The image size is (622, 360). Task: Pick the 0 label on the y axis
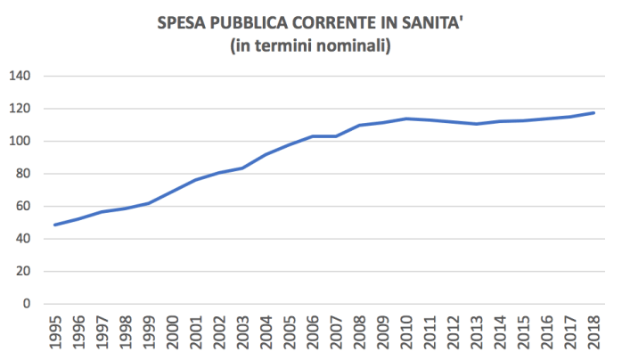[x=27, y=304]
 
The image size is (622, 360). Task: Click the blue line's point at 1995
[x=55, y=225]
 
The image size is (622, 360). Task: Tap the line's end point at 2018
[x=595, y=113]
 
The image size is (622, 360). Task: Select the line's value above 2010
[x=407, y=119]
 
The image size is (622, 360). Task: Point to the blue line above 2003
[x=243, y=168]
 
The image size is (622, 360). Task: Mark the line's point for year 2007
[x=337, y=136]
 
